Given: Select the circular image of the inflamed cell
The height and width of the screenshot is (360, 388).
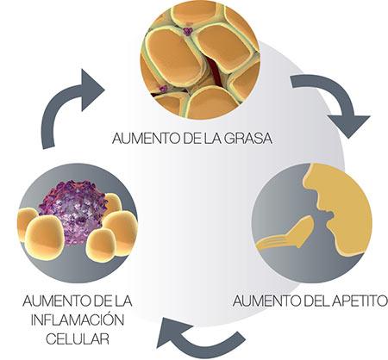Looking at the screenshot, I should pos(77,219).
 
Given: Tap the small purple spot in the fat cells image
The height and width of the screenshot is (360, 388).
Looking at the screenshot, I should pos(187,32).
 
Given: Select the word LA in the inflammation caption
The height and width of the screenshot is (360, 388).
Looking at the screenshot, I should pos(123,300).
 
